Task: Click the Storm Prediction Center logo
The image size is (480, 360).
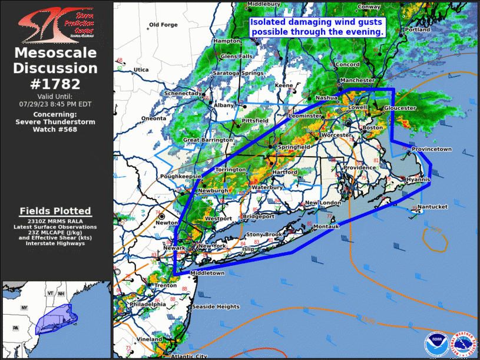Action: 55,24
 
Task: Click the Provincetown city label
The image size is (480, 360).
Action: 432,150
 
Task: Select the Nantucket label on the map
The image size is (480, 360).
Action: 433,207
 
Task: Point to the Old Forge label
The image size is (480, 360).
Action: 163,25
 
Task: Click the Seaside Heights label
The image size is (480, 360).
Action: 216,307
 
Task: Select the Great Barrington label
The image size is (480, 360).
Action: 208,140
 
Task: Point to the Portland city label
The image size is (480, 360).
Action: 418,29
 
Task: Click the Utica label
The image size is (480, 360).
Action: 141,70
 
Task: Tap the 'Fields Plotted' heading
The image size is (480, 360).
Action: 55,211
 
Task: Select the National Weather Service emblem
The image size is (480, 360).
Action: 462,344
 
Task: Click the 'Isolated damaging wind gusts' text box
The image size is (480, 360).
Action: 317,27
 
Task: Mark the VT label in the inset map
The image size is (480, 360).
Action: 51,293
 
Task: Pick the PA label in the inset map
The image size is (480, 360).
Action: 16,328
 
